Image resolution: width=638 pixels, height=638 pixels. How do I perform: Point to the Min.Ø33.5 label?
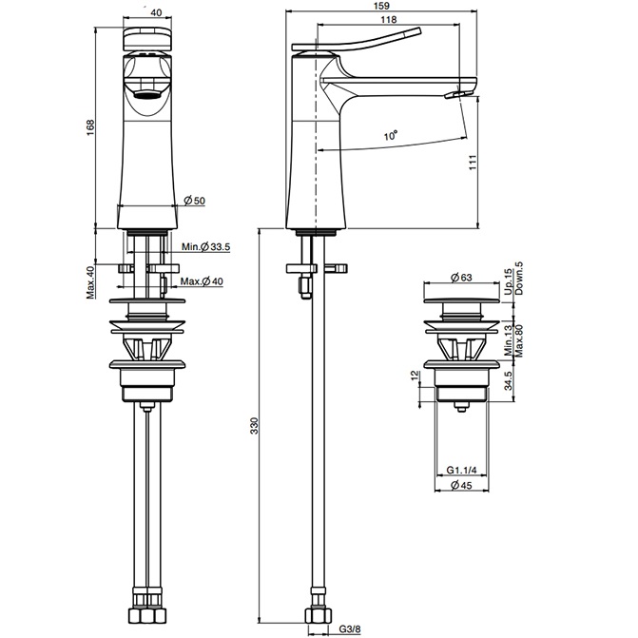pos(205,247)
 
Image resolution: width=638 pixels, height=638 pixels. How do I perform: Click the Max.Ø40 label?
pos(202,282)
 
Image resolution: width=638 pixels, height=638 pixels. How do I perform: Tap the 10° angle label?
pos(391,137)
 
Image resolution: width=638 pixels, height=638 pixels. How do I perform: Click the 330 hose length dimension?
pos(253,429)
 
